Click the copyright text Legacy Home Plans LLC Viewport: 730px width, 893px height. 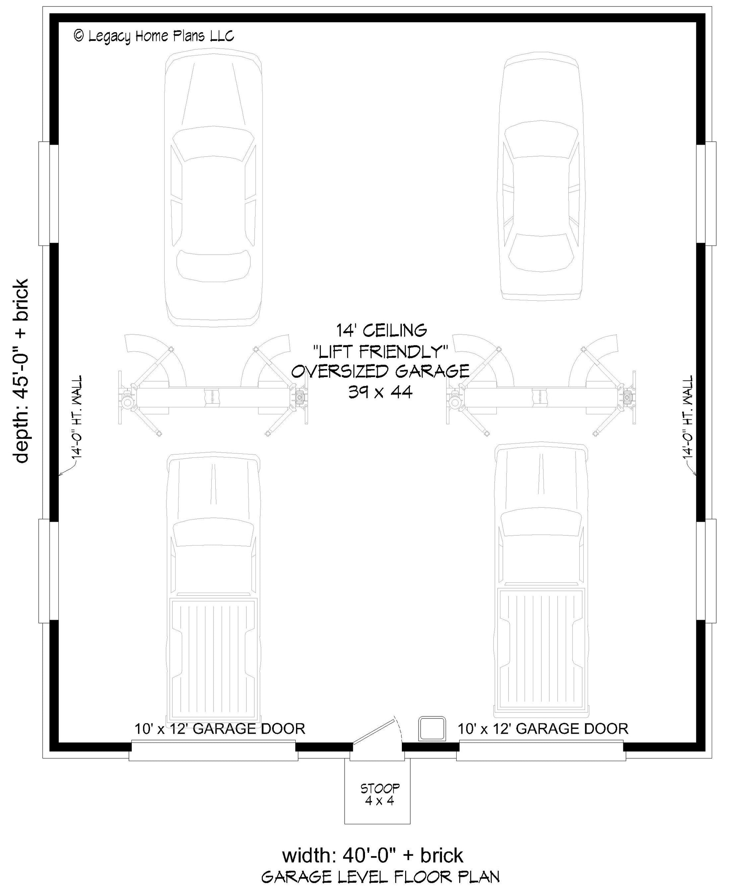click(154, 36)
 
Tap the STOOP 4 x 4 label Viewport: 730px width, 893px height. click(380, 794)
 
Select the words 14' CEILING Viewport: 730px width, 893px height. click(381, 331)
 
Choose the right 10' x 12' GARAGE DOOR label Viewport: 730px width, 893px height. click(543, 729)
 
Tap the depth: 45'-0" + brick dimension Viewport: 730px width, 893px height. click(21, 371)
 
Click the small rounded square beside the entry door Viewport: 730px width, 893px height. click(432, 729)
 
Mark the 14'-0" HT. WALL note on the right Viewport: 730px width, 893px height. click(687, 417)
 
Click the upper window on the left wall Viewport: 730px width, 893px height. click(49, 194)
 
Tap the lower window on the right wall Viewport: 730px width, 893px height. click(706, 571)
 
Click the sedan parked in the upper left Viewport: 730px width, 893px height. click(213, 189)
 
